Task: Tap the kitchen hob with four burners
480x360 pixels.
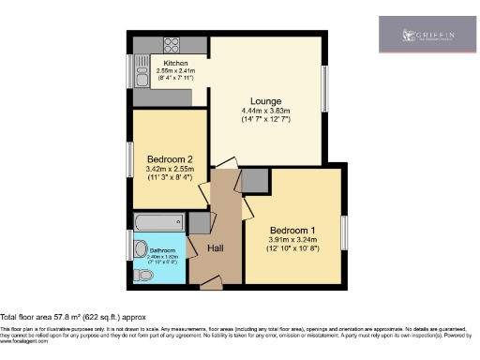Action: (x=172, y=44)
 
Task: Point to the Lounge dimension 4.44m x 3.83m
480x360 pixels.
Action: (x=267, y=111)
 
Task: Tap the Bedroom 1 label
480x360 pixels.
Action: (x=293, y=231)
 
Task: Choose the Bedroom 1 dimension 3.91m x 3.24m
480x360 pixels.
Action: (x=293, y=241)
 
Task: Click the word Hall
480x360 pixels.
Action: (x=216, y=248)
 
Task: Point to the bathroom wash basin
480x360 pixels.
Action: (x=141, y=249)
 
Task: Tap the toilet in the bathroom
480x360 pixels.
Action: (x=140, y=275)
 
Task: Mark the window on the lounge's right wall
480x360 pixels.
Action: (x=326, y=94)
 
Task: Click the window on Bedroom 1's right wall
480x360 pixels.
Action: (x=344, y=232)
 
